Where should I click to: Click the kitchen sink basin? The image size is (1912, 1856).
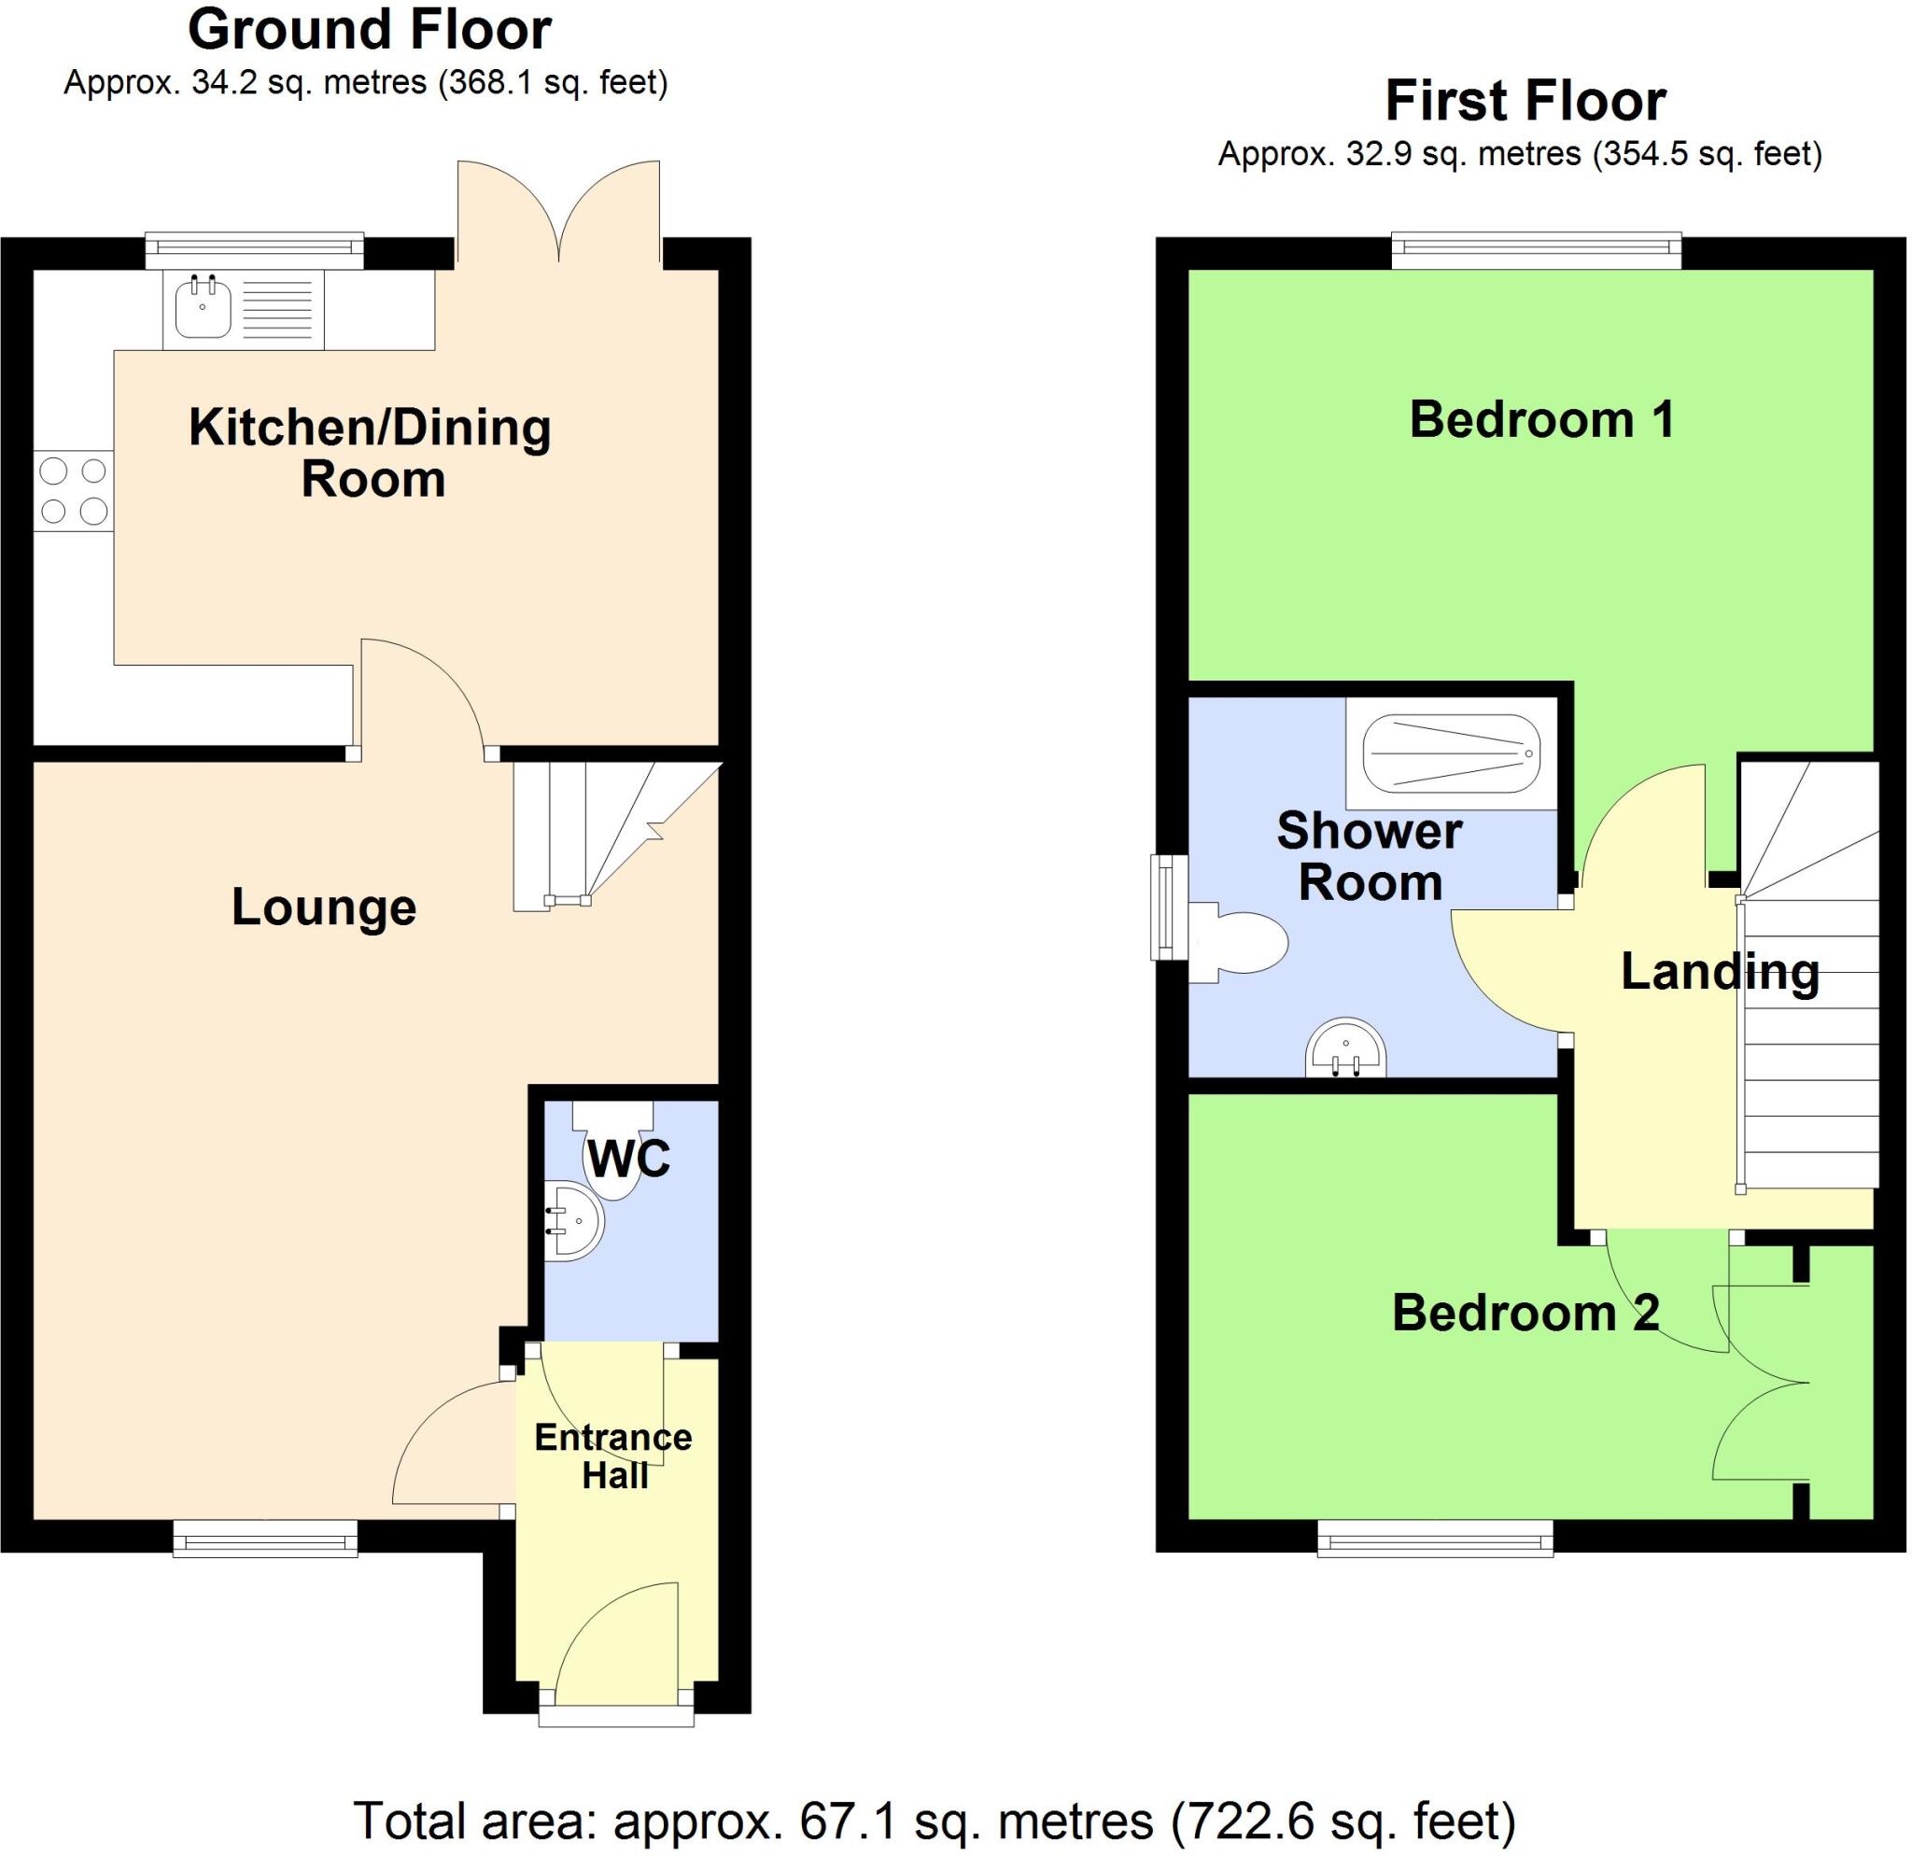point(203,309)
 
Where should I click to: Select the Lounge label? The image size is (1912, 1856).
point(324,908)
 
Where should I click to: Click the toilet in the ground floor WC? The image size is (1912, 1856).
point(612,1152)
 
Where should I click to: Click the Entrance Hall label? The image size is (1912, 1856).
point(613,1456)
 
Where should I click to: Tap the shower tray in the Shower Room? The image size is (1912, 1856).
point(1451,754)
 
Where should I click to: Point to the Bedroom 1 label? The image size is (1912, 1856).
point(1542,420)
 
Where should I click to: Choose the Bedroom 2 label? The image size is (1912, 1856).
point(1525,1313)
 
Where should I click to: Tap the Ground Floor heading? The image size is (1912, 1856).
point(370,30)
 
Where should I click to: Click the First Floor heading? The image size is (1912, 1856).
point(1525,102)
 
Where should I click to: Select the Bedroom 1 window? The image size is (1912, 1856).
point(1537,250)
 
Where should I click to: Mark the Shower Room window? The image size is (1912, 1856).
point(1168,907)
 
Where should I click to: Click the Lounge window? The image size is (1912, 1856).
point(265,1538)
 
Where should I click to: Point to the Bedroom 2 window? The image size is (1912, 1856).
point(1435,1538)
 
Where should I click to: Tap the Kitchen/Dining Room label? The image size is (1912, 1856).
point(371,454)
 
